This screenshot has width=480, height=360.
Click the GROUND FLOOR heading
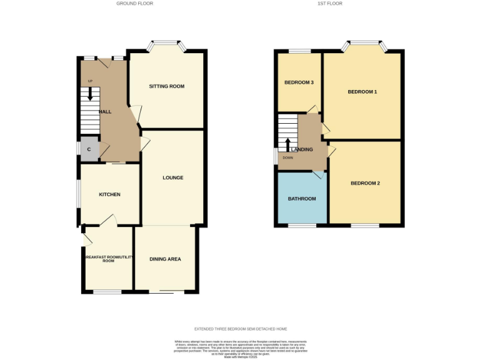tap(134, 4)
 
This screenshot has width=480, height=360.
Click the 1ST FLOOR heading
tap(331, 4)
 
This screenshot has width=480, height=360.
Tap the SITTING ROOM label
tap(166, 86)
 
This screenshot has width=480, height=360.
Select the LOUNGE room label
tap(173, 177)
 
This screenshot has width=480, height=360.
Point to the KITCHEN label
tap(109, 194)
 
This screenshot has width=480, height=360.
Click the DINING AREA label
tap(166, 259)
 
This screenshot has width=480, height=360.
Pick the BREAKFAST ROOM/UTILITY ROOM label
tap(108, 259)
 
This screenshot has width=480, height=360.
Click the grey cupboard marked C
tap(89, 149)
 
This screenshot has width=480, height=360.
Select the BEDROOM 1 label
tap(362, 92)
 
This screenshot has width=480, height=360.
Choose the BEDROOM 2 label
tap(365, 183)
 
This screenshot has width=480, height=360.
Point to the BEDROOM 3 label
tap(299, 82)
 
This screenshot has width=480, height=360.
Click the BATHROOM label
tap(302, 199)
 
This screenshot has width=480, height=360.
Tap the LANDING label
tap(302, 150)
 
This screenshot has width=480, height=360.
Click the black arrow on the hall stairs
tap(91, 94)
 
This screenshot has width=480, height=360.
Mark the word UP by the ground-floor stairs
tap(90, 81)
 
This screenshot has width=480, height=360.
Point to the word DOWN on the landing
tap(287, 157)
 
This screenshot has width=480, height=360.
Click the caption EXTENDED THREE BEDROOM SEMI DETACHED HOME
tap(240, 329)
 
